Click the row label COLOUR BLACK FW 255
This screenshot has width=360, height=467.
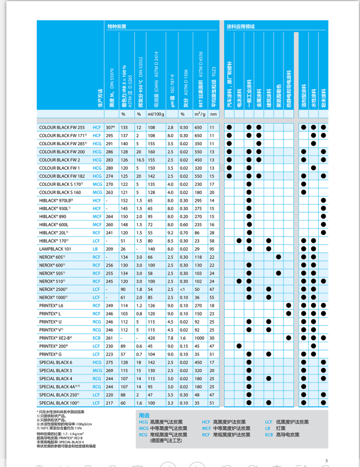pos(61,127)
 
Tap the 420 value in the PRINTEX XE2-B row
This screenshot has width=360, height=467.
pos(151,338)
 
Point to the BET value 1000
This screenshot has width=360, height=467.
pos(198,338)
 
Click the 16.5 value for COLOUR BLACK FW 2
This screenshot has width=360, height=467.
pos(139,159)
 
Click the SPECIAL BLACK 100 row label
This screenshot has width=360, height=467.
pos(59,402)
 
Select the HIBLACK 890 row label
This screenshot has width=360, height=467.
pos(54,216)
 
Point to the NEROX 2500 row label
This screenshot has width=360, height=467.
pos(55,289)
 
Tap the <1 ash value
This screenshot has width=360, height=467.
pos(183,289)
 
